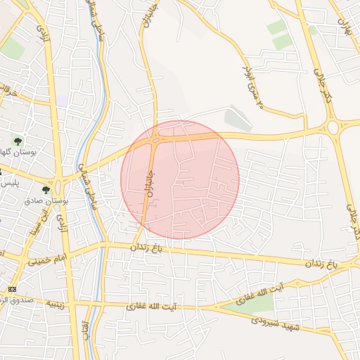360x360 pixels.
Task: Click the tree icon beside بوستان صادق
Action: [46, 190]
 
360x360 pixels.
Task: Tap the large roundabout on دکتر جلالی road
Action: [333, 127]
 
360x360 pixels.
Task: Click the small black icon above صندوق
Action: [11, 289]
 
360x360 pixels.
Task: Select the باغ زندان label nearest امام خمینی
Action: [150, 247]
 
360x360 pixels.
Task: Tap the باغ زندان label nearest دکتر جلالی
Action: [321, 263]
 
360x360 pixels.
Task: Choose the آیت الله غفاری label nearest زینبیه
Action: [151, 307]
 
